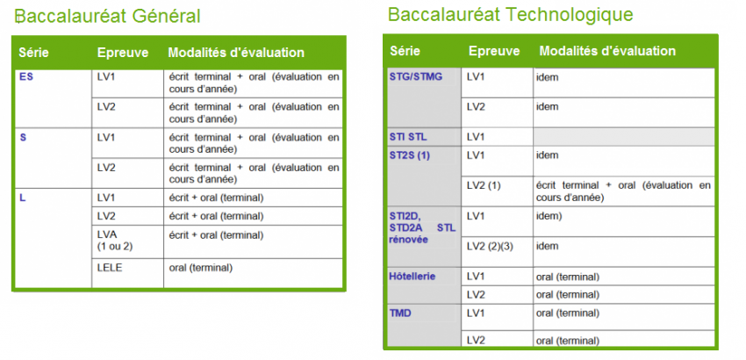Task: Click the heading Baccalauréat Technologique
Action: coord(511,15)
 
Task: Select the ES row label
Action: coord(26,76)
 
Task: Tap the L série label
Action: coord(22,198)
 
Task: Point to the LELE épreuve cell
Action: coord(110,268)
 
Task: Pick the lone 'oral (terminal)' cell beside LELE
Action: coord(201,268)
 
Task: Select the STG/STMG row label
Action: coord(416,76)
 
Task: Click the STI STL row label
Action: coord(408,137)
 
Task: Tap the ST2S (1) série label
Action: coord(410,155)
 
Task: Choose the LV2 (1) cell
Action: coord(484,186)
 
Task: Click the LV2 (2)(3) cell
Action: coord(490,246)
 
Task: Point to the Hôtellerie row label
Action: coord(412,277)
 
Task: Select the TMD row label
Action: coord(399,313)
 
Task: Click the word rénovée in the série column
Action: coord(408,239)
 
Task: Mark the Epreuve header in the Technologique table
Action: coord(494,51)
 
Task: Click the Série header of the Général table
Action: coord(33,53)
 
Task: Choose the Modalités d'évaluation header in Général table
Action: coord(236,53)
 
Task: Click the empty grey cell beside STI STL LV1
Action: coord(624,137)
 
